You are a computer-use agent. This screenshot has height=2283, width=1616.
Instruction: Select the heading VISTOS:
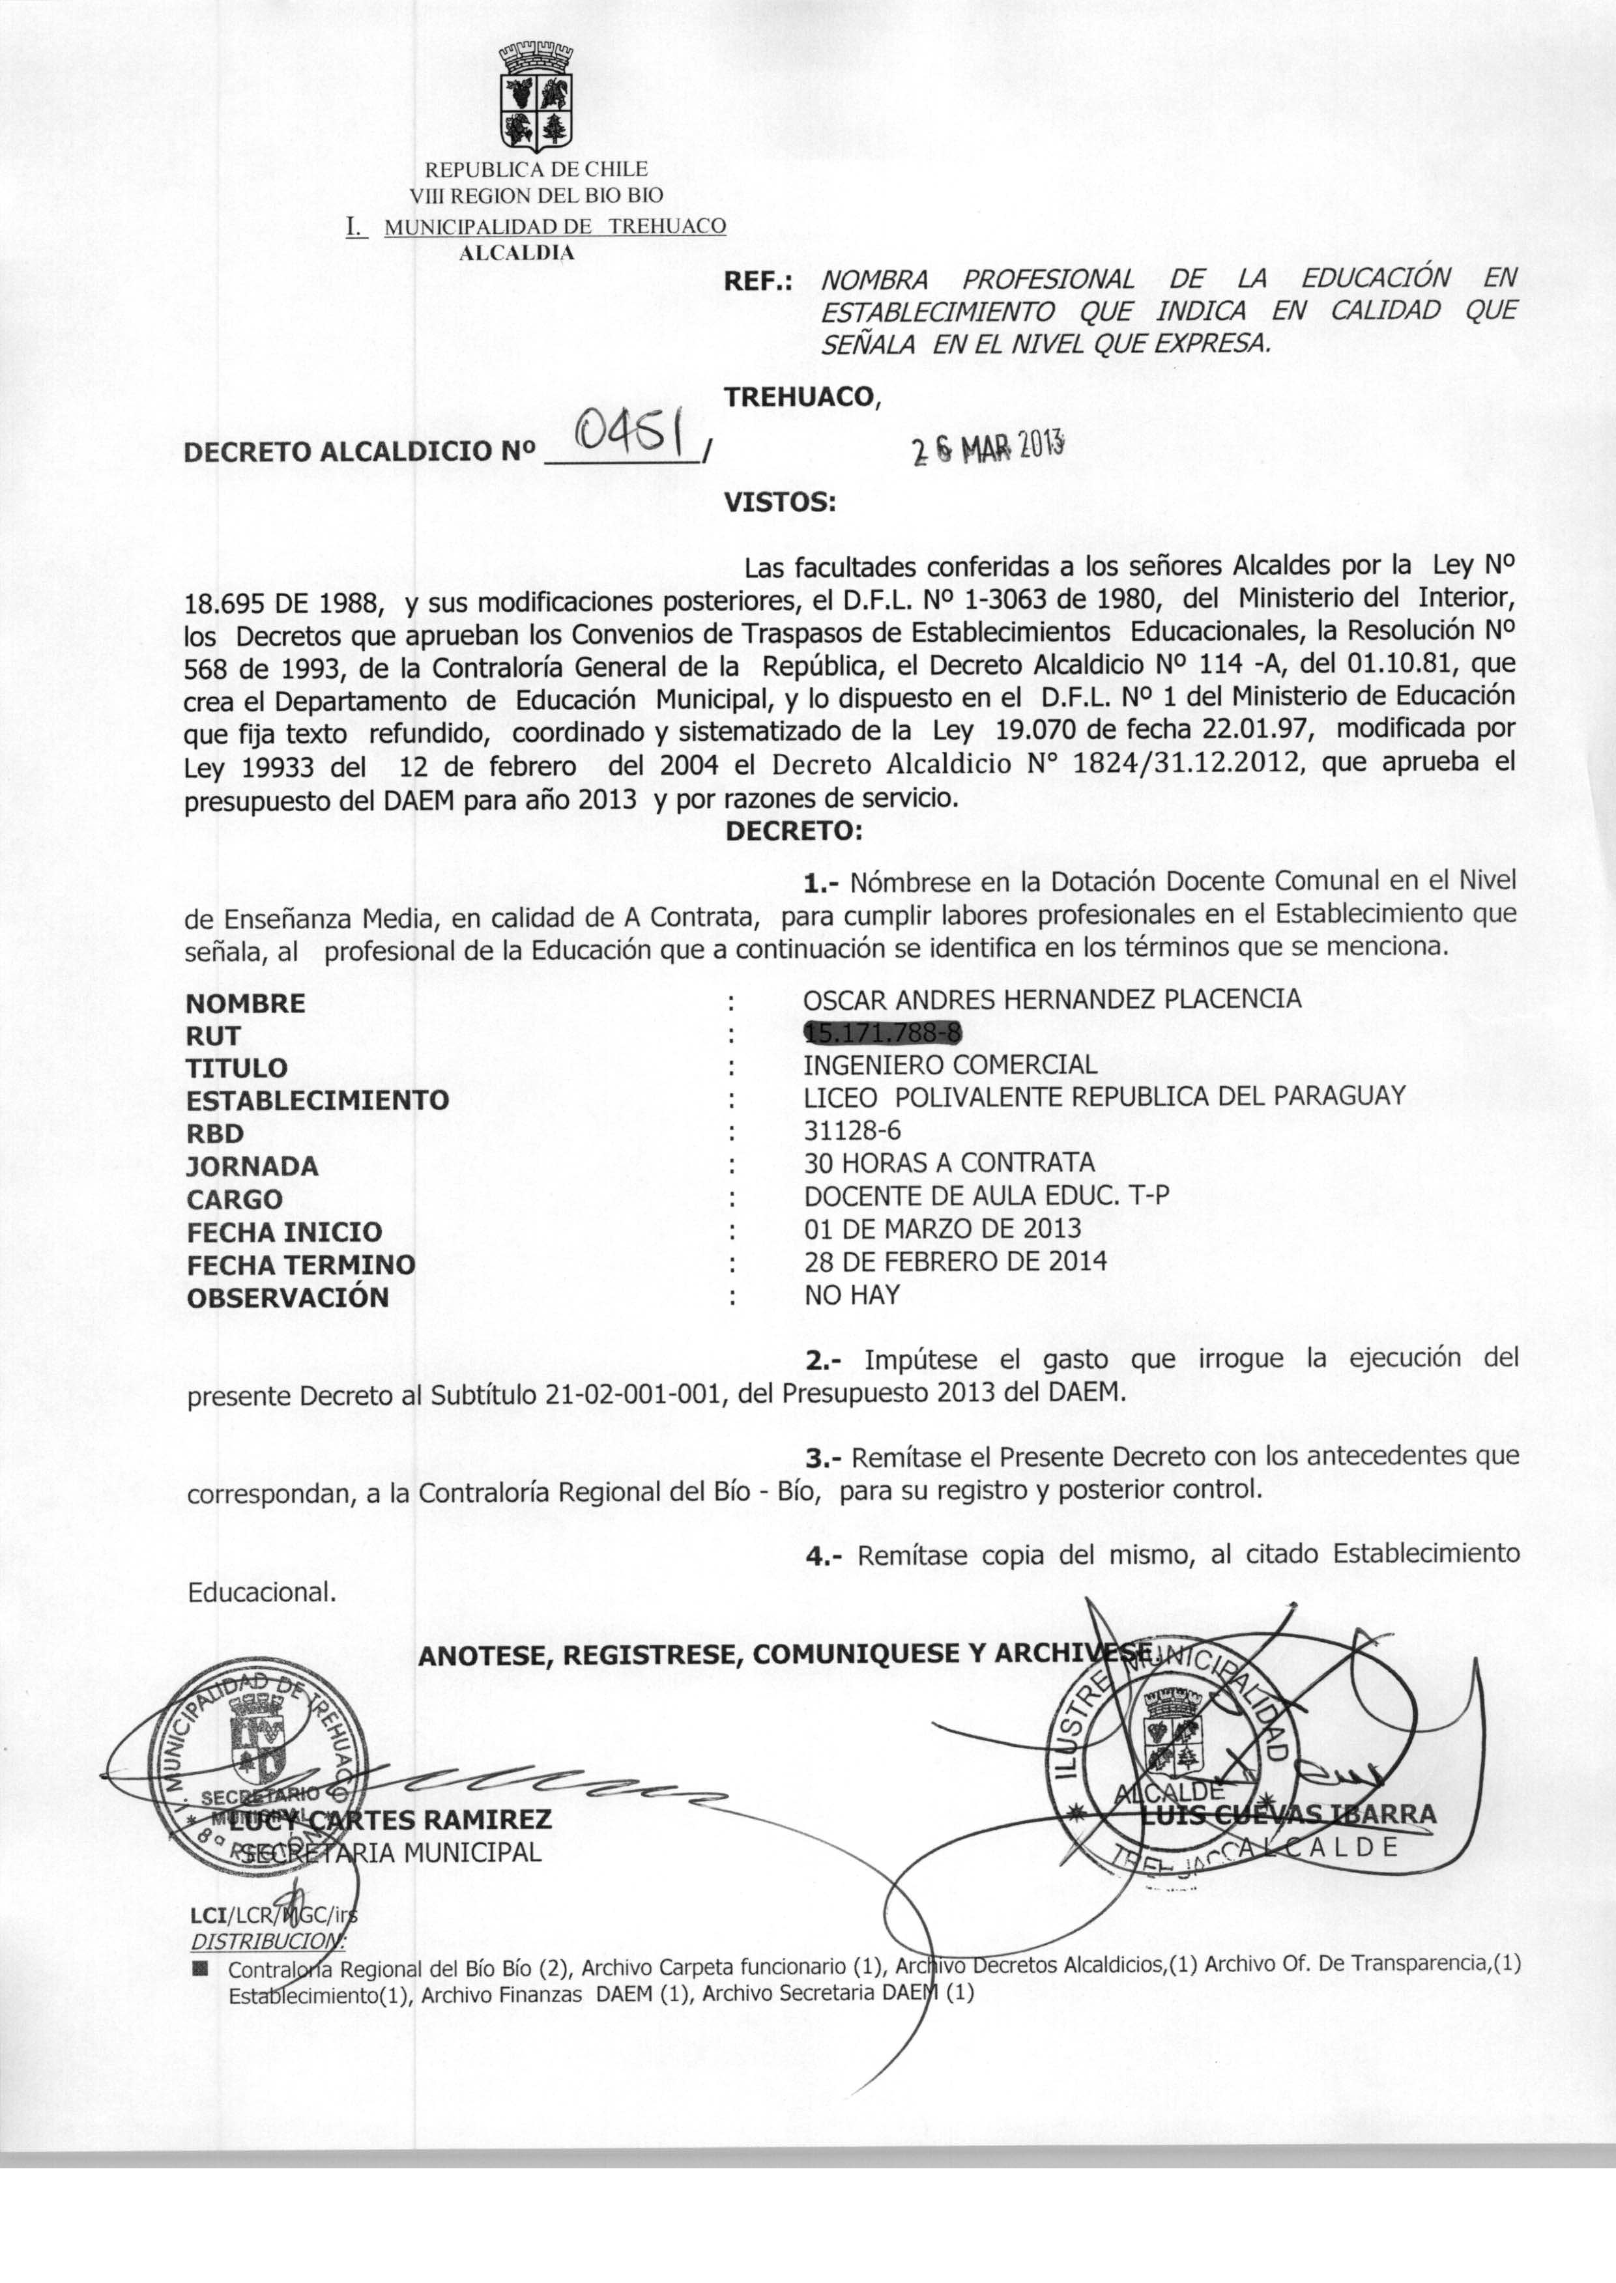point(779,502)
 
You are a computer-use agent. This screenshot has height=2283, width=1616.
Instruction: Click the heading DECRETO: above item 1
point(793,831)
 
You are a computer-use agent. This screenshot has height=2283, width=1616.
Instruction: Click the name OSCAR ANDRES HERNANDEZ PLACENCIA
point(1052,999)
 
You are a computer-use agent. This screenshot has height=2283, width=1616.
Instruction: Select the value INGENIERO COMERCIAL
point(950,1065)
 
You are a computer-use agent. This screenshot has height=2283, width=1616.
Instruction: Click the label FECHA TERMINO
point(300,1265)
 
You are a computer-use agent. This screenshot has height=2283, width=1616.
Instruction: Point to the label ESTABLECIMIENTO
point(317,1100)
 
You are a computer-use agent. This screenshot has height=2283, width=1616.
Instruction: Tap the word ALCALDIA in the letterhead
point(517,253)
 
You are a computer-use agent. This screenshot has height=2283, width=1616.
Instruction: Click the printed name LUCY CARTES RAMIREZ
point(389,1820)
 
